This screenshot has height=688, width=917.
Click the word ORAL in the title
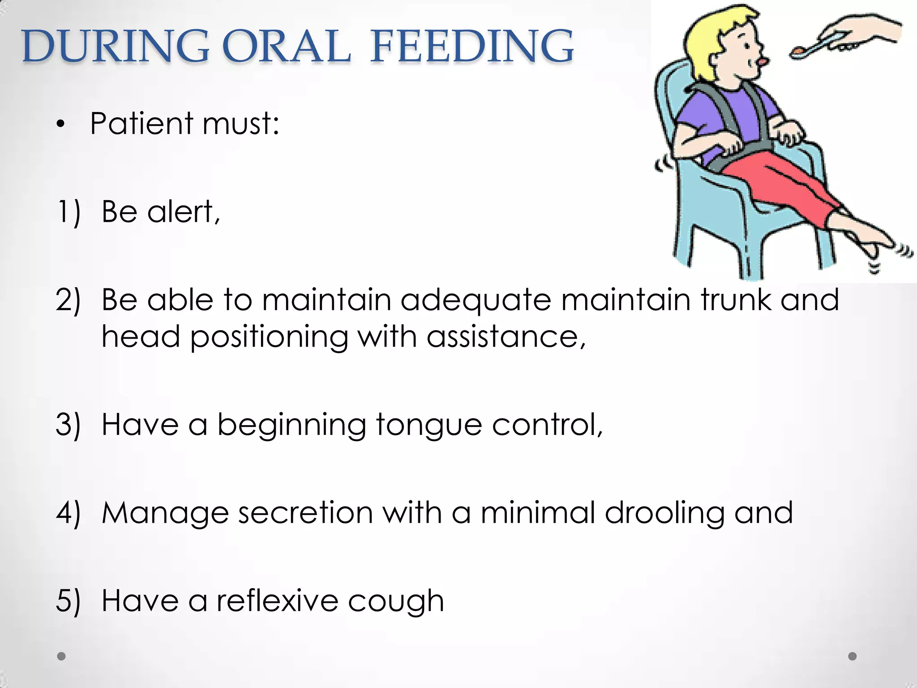tap(286, 47)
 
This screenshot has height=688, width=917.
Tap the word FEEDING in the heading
tap(472, 47)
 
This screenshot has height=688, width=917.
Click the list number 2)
tap(68, 300)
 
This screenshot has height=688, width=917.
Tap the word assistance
tap(506, 336)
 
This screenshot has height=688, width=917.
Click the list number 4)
tap(68, 512)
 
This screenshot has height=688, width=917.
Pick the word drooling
tap(664, 513)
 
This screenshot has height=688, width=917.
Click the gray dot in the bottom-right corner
tap(853, 656)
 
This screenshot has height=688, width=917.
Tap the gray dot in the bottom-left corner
tap(61, 656)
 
